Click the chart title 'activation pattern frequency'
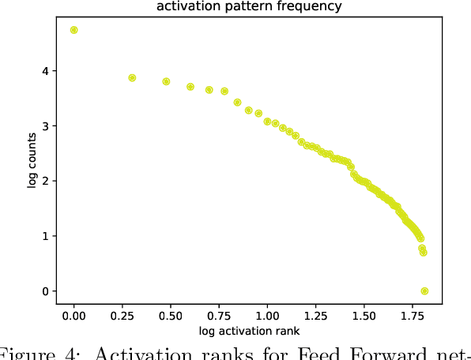coord(249,7)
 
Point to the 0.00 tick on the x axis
coord(74,315)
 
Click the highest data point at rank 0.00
coord(74,30)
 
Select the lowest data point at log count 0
coord(424,291)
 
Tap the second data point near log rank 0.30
coord(132,78)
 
